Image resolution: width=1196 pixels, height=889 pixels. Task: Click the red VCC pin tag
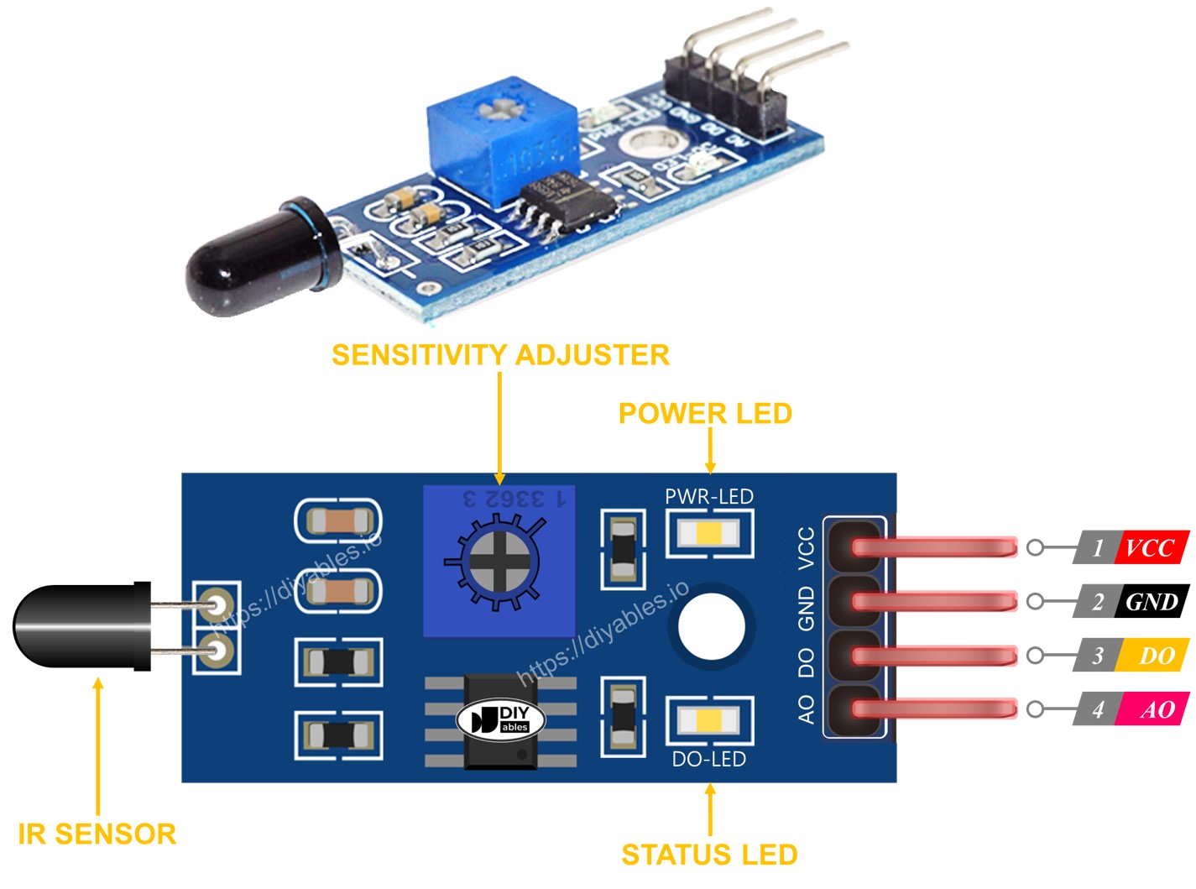pos(1151,547)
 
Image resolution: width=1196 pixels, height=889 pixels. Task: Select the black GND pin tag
pos(1152,601)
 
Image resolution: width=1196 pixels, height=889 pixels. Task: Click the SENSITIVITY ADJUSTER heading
pos(500,354)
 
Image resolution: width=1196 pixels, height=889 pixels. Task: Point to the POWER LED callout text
pos(705,413)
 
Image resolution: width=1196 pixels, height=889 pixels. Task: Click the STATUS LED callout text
pos(709,855)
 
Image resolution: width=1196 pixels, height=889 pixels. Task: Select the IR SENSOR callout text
pos(97,834)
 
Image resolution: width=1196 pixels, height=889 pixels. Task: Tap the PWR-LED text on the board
pos(709,496)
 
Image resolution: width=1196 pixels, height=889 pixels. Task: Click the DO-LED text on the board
pos(709,759)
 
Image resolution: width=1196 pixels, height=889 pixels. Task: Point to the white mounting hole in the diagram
pos(711,626)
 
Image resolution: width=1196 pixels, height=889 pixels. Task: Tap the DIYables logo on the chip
pos(501,719)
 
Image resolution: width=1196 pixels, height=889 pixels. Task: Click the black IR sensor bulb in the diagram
pos(76,626)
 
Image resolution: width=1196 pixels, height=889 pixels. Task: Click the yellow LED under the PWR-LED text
pos(709,533)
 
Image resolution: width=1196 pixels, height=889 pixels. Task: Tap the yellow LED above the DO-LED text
pos(709,720)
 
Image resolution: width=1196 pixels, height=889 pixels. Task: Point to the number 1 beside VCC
pos(1097,547)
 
